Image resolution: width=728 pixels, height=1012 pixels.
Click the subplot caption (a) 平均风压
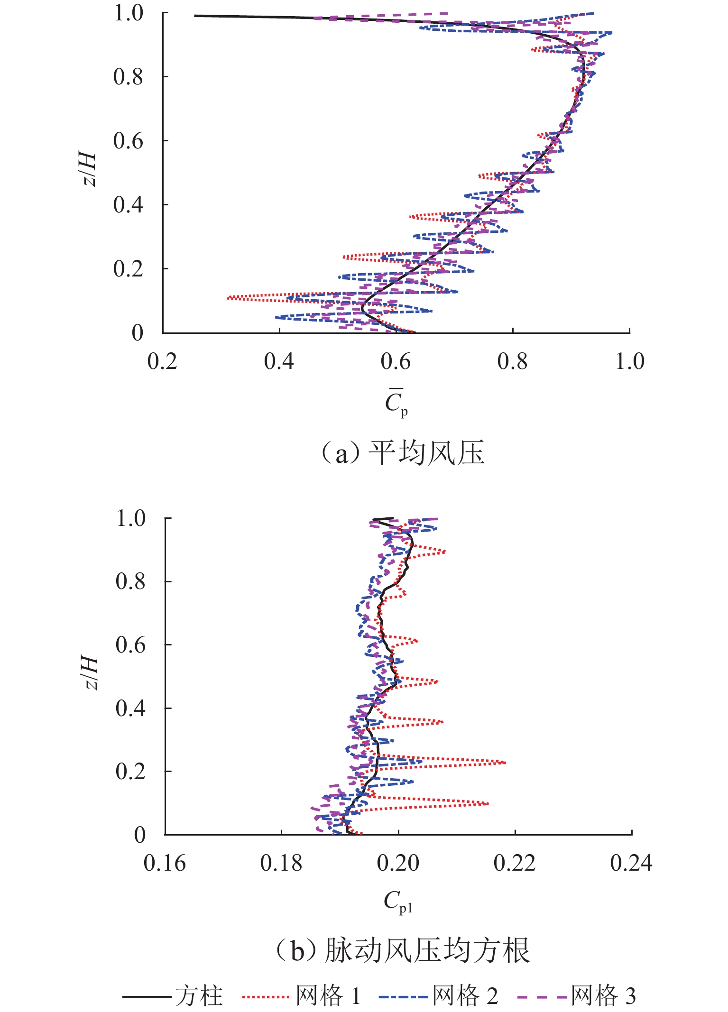[403, 453]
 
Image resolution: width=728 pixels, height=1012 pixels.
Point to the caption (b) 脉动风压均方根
[403, 951]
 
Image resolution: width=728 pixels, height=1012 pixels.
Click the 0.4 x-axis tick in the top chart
[279, 362]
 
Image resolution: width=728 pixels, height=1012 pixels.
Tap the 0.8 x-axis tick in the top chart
[512, 362]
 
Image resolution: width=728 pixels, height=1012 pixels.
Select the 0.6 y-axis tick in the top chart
[128, 141]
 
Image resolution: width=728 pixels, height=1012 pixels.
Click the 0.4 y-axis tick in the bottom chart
[130, 708]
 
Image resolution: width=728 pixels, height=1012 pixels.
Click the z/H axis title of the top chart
[88, 169]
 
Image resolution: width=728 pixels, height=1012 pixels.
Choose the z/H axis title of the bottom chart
[90, 673]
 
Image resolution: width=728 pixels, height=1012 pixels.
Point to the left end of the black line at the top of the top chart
[195, 16]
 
